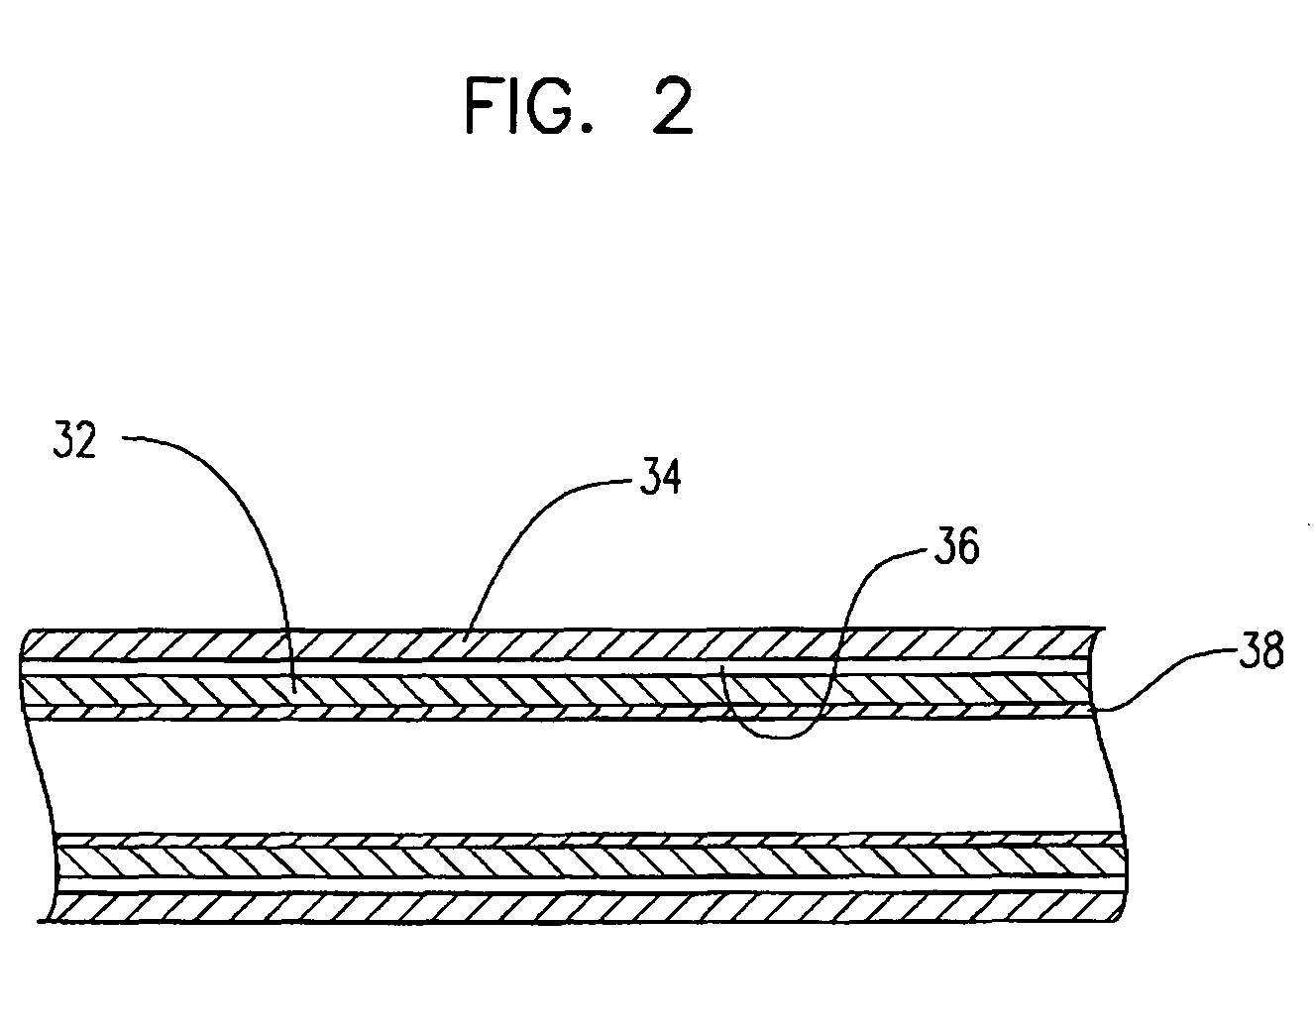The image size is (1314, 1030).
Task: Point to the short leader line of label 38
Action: pos(1159,684)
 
